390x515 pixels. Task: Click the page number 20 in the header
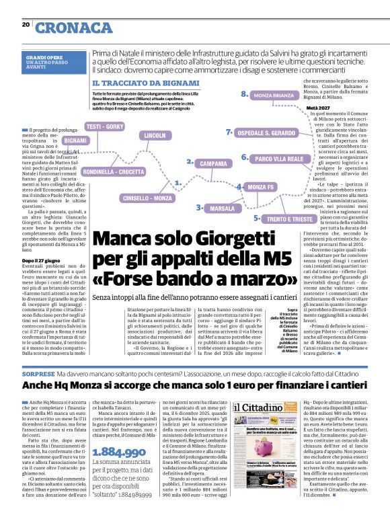26,24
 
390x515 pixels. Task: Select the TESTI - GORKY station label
104,126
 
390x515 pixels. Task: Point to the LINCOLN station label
154,136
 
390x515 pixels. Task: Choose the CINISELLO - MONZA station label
147,198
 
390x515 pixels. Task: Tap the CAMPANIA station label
213,163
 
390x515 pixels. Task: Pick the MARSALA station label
222,209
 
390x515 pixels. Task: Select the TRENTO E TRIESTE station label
289,219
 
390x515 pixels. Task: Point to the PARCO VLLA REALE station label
280,159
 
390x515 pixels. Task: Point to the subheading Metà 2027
317,108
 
